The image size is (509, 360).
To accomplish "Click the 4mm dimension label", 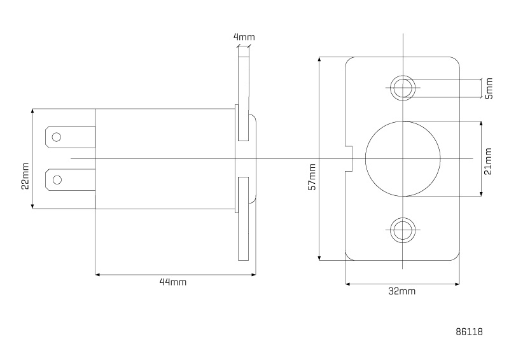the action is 244,37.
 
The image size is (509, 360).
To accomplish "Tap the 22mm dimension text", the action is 25,176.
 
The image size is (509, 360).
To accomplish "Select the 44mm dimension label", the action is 173,282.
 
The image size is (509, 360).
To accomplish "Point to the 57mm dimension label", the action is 312,177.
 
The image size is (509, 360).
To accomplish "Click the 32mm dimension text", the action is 402,291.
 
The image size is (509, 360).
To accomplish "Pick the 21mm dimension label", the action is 488,162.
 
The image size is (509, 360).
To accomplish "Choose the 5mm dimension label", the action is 489,88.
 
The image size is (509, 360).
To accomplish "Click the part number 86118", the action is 470,332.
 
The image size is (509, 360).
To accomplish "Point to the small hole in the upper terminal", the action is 57,137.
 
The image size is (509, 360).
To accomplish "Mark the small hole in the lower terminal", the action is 57,179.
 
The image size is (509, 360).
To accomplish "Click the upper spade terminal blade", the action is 70,137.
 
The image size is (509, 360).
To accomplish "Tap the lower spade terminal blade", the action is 70,179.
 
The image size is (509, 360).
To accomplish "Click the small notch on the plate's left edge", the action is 349,158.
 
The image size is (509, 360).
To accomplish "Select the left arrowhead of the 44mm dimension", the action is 97,275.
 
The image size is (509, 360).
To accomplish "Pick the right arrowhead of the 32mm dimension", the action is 457,284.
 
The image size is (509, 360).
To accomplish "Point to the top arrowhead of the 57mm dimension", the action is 319,59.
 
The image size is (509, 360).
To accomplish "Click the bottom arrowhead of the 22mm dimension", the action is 32,207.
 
